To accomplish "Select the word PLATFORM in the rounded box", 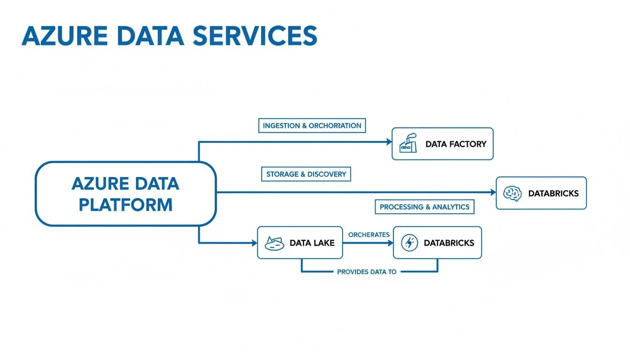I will (126, 204).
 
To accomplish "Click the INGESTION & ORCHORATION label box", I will (312, 126).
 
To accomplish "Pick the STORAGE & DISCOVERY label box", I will (306, 174).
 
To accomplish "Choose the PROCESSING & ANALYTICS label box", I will (425, 207).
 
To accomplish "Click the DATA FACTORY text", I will (456, 144).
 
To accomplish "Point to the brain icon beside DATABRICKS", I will (512, 193).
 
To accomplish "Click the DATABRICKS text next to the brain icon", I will (553, 193).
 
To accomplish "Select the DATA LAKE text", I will (312, 243).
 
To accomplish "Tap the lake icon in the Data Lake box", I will (275, 243).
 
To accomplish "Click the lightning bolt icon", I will (410, 243).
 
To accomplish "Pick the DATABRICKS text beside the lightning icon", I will (449, 243).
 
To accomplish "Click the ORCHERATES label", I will (368, 234).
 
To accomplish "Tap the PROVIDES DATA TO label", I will (367, 272).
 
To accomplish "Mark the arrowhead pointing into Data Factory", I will (389, 142).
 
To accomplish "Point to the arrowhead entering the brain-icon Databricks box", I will (493, 192).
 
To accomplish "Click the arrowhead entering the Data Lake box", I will (254, 243).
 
